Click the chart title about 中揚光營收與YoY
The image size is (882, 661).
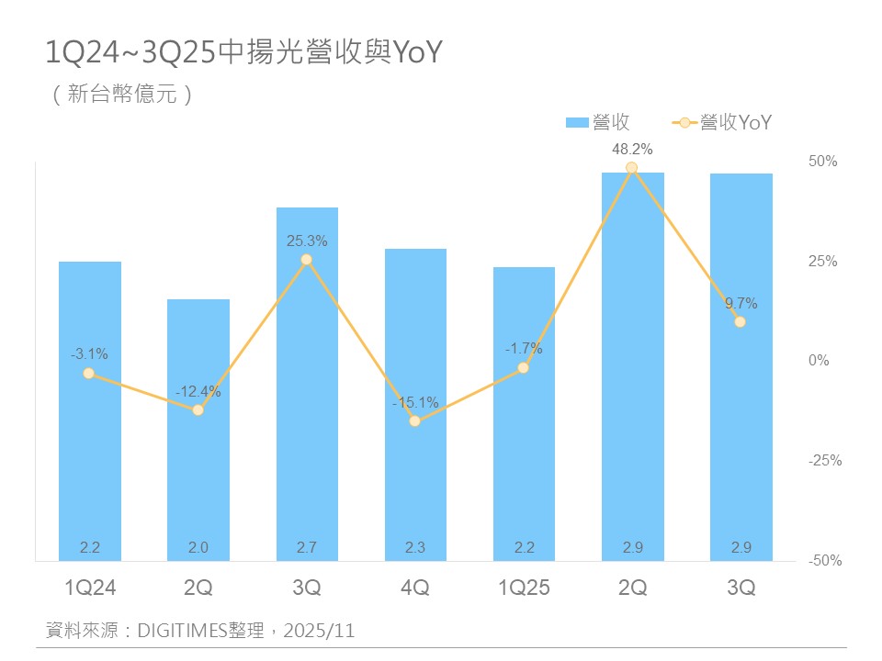[x=244, y=54]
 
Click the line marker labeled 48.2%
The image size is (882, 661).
[x=632, y=168]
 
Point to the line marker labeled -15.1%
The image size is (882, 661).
[x=415, y=420]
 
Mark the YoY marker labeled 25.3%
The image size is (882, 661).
[x=307, y=260]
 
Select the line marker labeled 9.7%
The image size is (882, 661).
[x=740, y=321]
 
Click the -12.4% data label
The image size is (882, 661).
[x=198, y=392]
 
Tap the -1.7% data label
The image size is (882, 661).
[x=524, y=349]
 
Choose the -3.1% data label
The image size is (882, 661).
[x=89, y=353]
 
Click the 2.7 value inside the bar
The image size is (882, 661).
[x=307, y=548]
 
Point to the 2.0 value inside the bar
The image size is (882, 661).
[x=198, y=548]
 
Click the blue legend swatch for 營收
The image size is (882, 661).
[x=577, y=122]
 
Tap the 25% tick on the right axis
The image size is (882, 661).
[x=822, y=261]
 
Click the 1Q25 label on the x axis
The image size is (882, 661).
[x=524, y=588]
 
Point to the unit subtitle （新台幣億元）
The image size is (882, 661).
[x=123, y=95]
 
